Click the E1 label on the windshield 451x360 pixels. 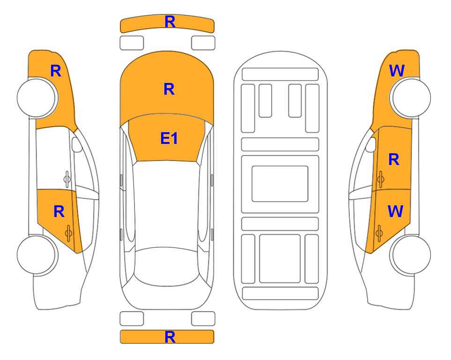[x=169, y=138]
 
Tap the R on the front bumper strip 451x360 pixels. [x=170, y=22]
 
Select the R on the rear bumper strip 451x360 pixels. [x=170, y=337]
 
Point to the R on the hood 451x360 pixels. [x=169, y=89]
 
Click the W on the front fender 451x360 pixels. [x=397, y=71]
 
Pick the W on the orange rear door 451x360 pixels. [x=395, y=211]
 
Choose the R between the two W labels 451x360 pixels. [x=394, y=159]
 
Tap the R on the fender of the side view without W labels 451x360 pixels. [x=56, y=71]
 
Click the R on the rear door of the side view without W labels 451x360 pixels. [x=59, y=212]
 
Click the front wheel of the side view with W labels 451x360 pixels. [x=410, y=97]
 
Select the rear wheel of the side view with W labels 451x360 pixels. [x=410, y=255]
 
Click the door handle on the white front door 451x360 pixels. [x=67, y=179]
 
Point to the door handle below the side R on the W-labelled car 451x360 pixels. [x=380, y=179]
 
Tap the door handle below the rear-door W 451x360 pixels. [x=379, y=233]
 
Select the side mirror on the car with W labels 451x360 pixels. [x=371, y=144]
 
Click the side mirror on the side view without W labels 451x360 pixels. [x=77, y=144]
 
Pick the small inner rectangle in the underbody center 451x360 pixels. [x=280, y=184]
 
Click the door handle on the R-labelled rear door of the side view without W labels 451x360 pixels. [x=68, y=233]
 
